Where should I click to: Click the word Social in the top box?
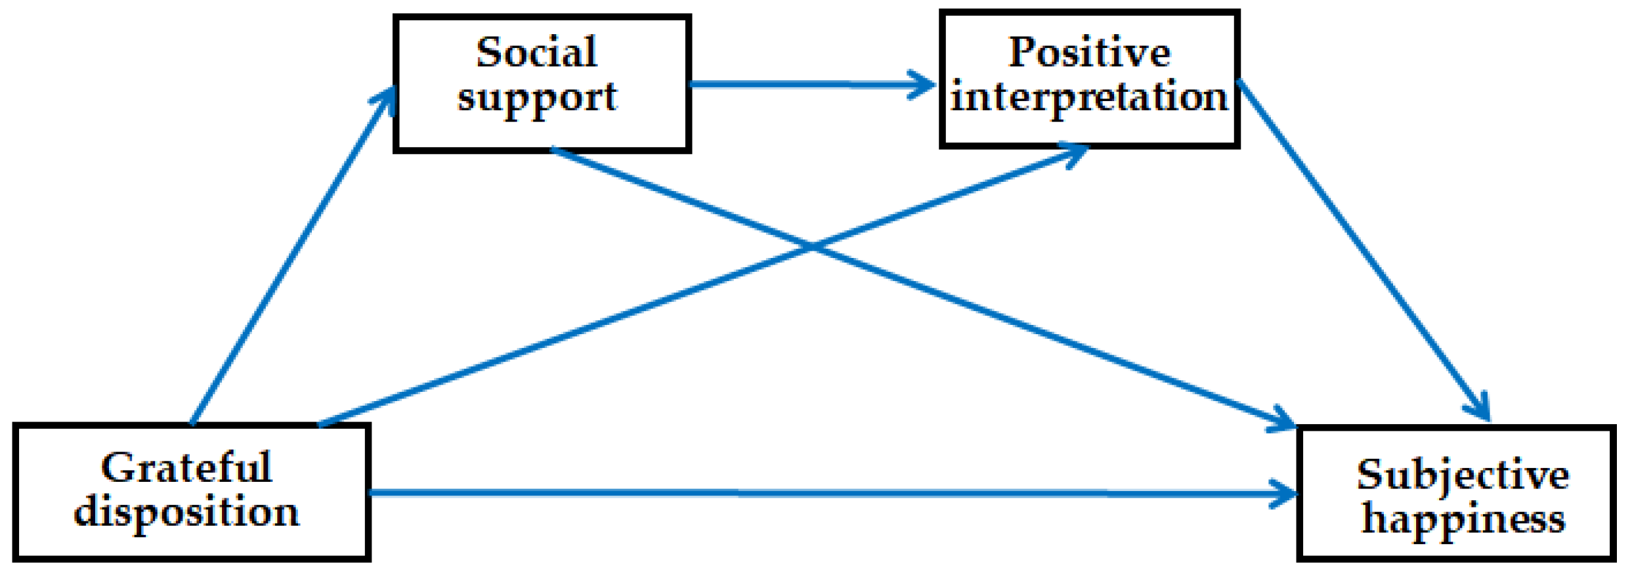coord(536,53)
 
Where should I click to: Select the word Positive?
coord(1089,53)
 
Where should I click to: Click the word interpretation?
coord(1089,97)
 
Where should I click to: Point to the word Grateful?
coord(186,468)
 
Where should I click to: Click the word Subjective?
coord(1463,475)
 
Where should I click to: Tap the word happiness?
coord(1463,520)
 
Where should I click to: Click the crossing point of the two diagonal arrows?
coord(813,247)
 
